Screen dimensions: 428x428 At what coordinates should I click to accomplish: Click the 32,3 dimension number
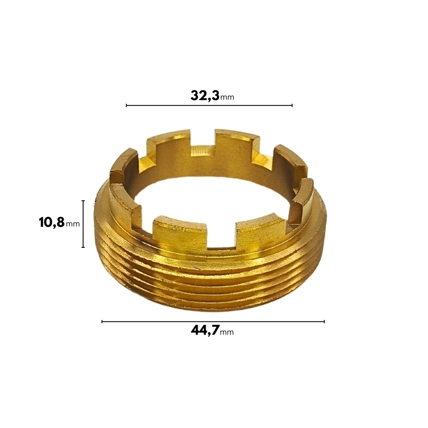[x=205, y=96]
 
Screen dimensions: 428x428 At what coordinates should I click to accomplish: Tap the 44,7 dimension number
[x=205, y=330]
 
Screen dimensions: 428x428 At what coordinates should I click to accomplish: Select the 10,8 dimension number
[x=52, y=223]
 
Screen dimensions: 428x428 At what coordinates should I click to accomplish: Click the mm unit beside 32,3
[x=227, y=97]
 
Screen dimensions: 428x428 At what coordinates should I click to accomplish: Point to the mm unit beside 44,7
[x=227, y=332]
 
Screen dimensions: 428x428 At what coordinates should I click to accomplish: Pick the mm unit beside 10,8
[x=73, y=224]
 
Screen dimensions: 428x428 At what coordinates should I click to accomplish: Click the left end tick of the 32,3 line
[x=126, y=105]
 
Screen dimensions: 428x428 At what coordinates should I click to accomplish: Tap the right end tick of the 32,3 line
[x=292, y=105]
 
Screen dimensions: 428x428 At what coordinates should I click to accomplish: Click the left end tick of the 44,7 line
[x=102, y=321]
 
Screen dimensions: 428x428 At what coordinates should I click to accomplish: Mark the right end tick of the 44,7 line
[x=324, y=321]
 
